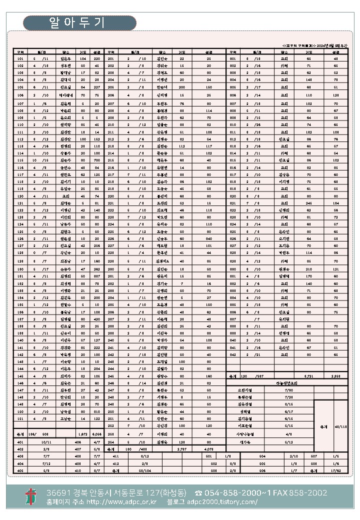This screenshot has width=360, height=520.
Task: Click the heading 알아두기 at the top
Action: tap(79, 23)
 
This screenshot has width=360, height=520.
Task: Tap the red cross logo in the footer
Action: tap(31, 496)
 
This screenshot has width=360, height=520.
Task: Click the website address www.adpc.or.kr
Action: tap(121, 502)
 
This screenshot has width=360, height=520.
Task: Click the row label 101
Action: tap(20, 58)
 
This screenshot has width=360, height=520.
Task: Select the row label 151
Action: tap(20, 418)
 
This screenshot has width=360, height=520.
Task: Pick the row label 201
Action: tap(111, 58)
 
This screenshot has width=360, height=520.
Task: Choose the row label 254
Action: tap(111, 442)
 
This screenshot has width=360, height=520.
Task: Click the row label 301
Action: tap(232, 58)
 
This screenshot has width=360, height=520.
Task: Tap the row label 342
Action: tap(232, 354)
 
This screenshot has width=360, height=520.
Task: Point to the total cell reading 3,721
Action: tap(308, 375)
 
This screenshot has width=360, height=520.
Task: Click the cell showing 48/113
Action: tap(340, 426)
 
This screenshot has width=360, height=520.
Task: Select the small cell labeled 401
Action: tap(20, 442)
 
